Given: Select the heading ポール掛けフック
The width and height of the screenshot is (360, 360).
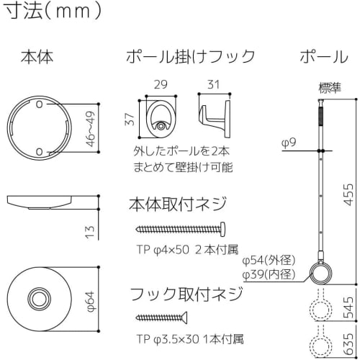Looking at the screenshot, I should [x=190, y=57].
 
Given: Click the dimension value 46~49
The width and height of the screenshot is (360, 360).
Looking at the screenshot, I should [x=90, y=127].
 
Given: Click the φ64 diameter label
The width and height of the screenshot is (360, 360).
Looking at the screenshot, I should [x=90, y=299].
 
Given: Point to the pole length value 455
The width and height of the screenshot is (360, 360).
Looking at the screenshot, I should [x=349, y=194].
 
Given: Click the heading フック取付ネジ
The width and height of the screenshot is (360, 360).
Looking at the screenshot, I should [x=185, y=293].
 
